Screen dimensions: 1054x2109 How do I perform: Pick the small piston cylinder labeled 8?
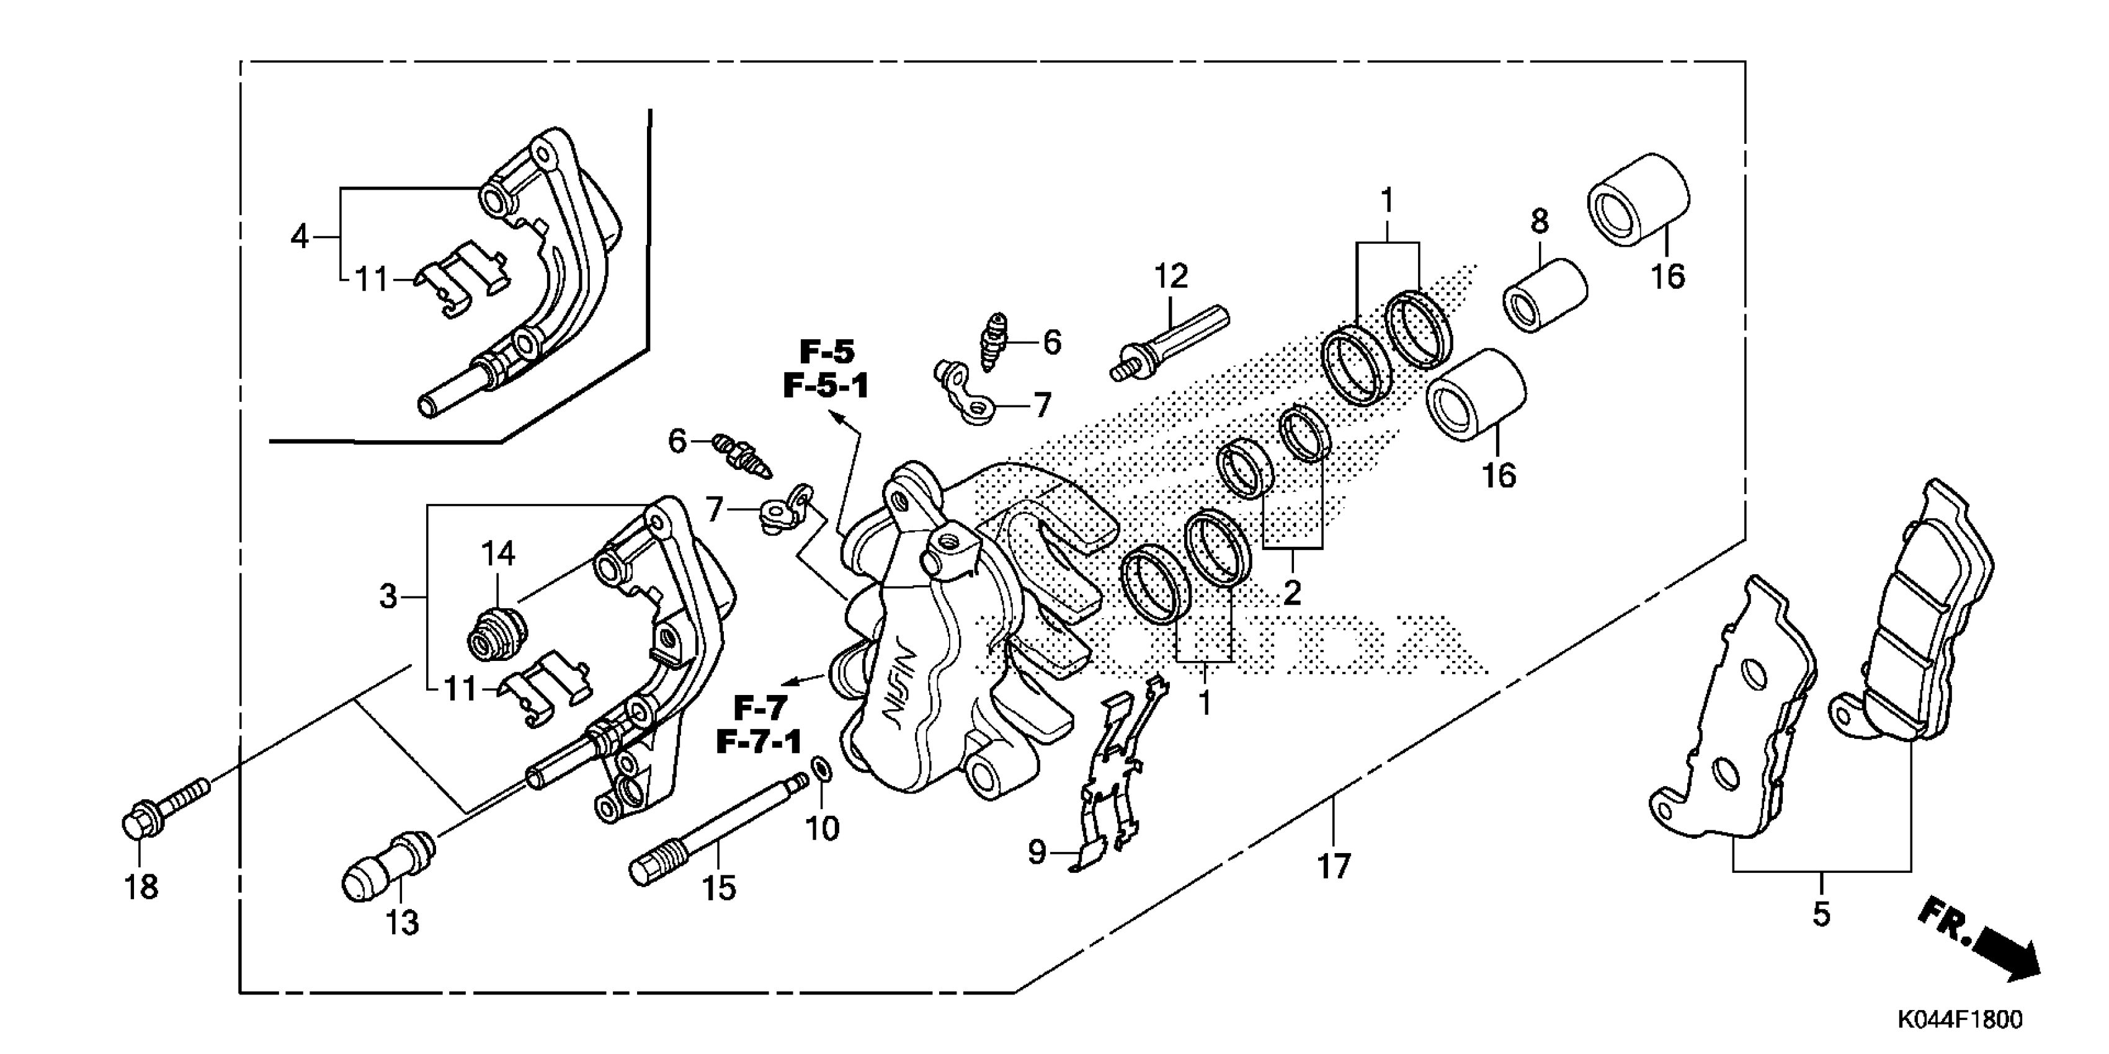[1544, 294]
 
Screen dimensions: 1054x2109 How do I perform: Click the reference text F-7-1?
[759, 742]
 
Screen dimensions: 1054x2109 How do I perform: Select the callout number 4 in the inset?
[300, 237]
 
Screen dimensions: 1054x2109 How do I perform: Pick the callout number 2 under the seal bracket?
[1292, 591]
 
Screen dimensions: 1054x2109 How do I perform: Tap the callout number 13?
[402, 923]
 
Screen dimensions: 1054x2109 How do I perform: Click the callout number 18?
[141, 886]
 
